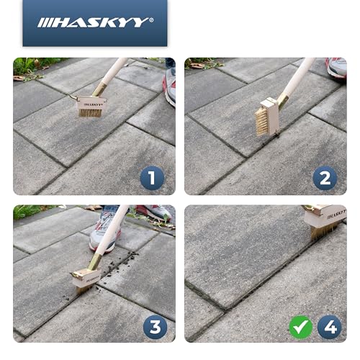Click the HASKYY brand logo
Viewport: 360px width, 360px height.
[x=95, y=22]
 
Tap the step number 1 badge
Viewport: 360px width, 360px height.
[x=152, y=177]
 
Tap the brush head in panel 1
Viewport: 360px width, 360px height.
[x=91, y=108]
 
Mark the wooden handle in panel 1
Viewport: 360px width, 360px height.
[x=115, y=72]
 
